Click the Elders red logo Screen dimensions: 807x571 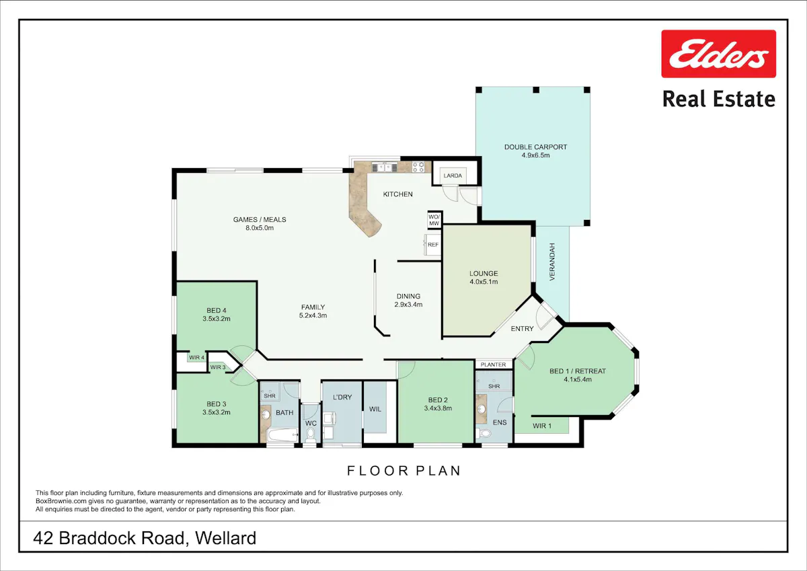718,54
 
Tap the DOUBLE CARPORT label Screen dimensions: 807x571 535,147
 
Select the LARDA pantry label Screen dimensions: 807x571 453,176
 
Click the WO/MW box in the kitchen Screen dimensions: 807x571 434,220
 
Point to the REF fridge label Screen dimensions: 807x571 433,245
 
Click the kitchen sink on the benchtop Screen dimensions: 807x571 385,167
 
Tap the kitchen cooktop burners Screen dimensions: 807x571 418,167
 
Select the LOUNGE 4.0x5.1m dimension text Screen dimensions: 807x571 484,282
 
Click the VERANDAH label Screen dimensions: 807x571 552,262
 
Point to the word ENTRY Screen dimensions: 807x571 522,329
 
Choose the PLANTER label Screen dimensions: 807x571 493,365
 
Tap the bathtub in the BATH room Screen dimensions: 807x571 284,435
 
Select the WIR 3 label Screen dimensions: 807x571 218,367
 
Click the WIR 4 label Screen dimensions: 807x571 196,358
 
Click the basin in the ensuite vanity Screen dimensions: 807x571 482,409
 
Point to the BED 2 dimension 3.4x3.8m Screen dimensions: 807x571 438,408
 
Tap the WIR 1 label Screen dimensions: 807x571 542,426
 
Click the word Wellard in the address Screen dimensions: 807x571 225,538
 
